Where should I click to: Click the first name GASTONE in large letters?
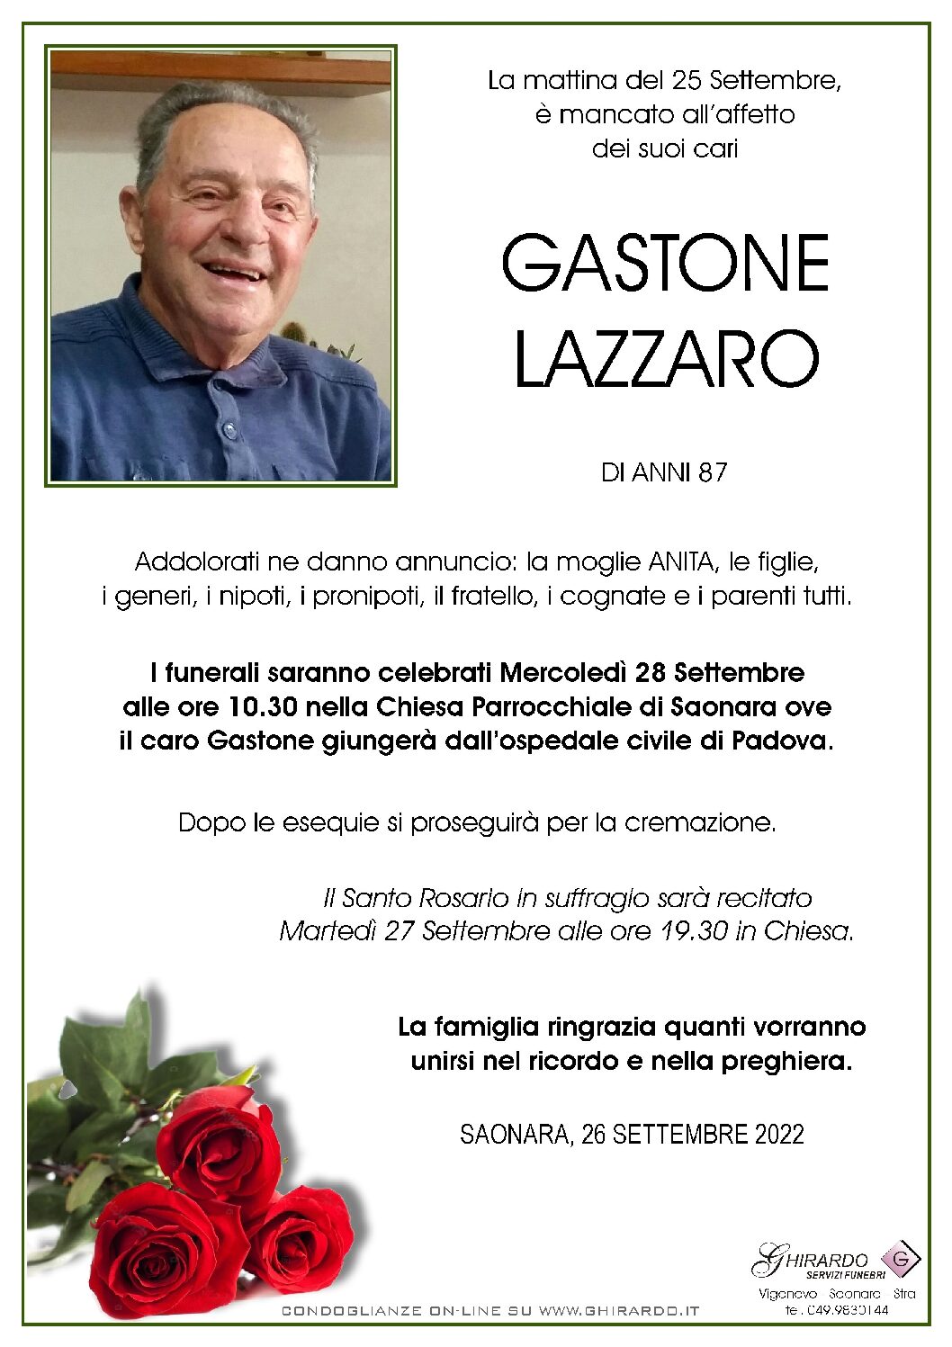pyautogui.click(x=664, y=263)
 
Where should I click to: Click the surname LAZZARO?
pyautogui.click(x=666, y=359)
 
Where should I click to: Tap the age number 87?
pyautogui.click(x=711, y=472)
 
